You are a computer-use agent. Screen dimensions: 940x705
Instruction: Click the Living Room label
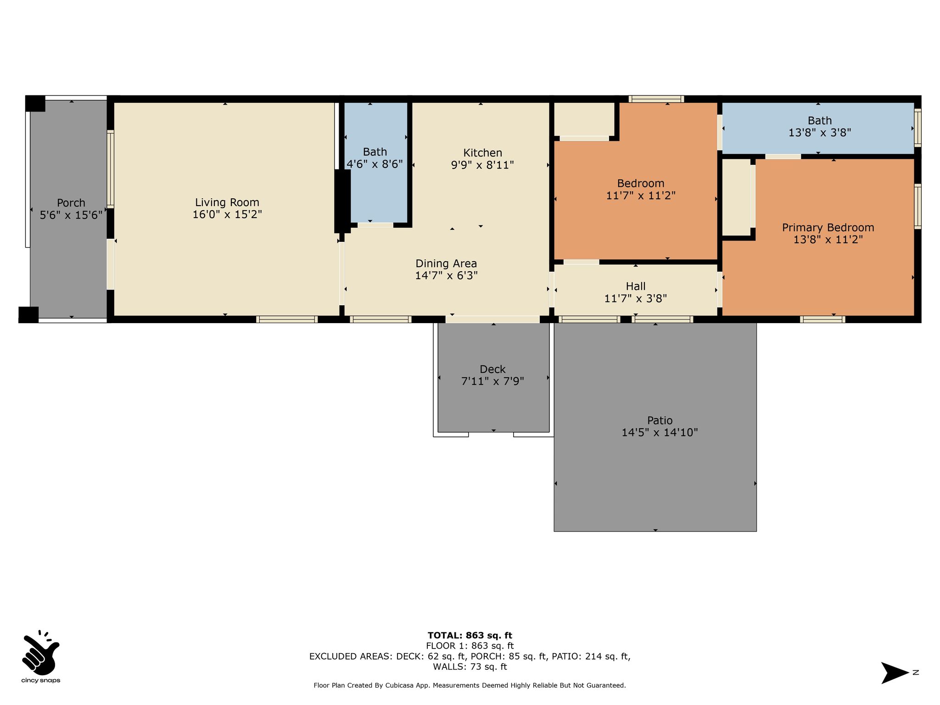pos(227,202)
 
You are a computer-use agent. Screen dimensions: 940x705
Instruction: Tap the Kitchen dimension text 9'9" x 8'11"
pos(482,165)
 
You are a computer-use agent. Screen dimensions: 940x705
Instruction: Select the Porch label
pos(71,203)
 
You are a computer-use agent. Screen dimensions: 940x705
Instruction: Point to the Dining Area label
pos(446,263)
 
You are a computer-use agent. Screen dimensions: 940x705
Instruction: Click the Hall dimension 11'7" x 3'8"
pos(636,298)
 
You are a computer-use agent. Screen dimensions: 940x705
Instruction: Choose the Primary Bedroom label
pos(828,228)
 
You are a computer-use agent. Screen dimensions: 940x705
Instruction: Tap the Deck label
pos(492,369)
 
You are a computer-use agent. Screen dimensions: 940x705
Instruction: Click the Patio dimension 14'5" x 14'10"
pos(660,432)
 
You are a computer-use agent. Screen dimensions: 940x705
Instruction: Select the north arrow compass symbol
pos(895,673)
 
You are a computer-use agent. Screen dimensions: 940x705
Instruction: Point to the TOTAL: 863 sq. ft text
pos(470,635)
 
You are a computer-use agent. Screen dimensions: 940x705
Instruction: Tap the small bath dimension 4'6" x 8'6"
pos(375,164)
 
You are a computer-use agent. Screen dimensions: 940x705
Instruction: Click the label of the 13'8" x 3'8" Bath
pos(820,121)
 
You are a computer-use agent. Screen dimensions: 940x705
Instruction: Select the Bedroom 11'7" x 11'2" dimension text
pos(641,196)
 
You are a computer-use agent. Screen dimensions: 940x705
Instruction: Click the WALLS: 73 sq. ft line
pos(470,666)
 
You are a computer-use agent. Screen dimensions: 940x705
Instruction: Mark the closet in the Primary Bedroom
pos(736,197)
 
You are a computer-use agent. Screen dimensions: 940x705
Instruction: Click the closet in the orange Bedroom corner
pos(584,119)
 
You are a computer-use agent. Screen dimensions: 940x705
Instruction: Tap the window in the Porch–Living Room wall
pos(111,169)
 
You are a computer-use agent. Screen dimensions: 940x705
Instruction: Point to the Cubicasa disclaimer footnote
pos(470,685)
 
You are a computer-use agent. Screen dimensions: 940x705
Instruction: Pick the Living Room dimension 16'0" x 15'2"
pos(227,214)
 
